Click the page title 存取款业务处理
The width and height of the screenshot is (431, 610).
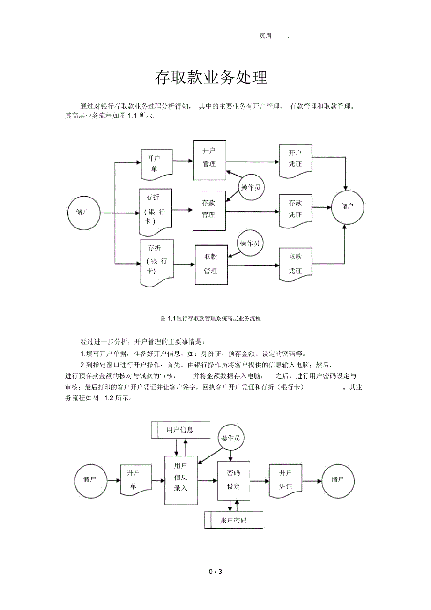[211, 78]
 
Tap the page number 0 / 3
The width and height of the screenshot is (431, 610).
[215, 572]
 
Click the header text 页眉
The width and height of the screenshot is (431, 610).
[265, 36]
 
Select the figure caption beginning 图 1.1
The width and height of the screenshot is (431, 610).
[210, 318]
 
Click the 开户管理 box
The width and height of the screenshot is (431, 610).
[209, 160]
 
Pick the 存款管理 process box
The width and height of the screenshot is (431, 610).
[209, 210]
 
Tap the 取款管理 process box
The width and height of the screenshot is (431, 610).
[211, 265]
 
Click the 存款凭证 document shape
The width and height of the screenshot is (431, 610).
[295, 209]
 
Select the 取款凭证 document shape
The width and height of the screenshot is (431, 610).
[295, 264]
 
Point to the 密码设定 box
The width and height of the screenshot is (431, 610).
[233, 480]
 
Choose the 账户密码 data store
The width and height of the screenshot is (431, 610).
[234, 520]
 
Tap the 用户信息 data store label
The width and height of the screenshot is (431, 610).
[179, 430]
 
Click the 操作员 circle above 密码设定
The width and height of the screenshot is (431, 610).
[230, 438]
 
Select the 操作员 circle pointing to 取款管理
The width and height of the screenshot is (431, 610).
[250, 243]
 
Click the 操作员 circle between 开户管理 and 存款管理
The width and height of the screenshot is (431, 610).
[251, 188]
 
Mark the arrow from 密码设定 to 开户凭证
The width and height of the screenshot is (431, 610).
[259, 481]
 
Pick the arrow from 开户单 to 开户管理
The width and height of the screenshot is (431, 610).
[183, 161]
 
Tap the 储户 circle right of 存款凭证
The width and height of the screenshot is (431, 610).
[347, 207]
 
